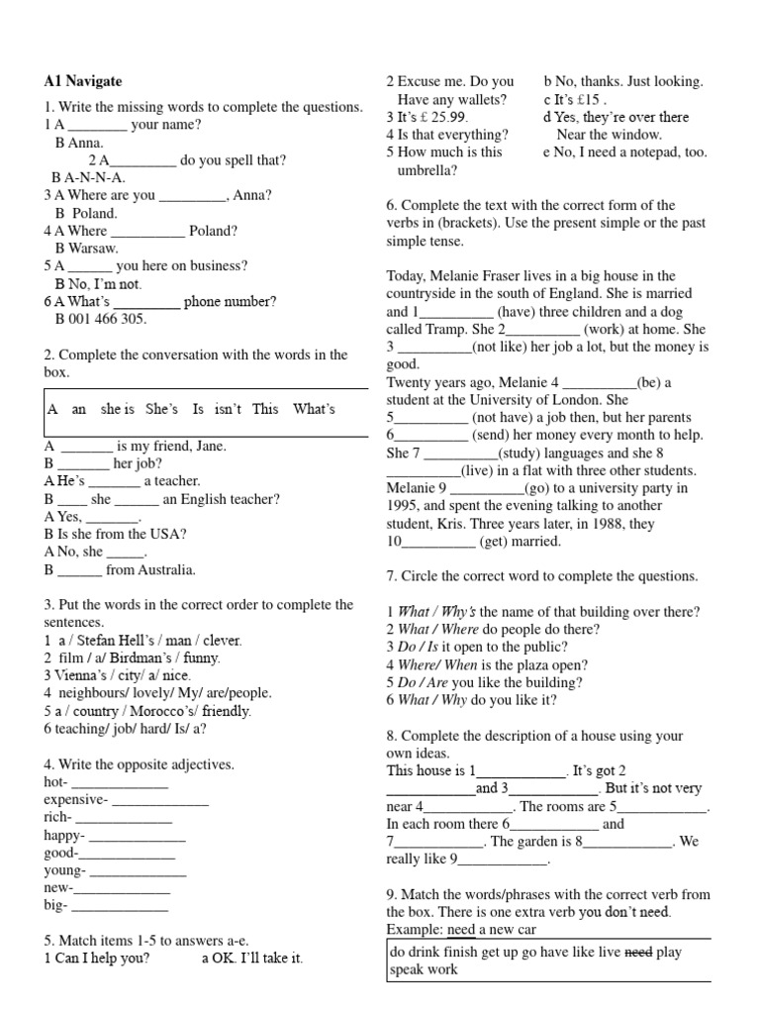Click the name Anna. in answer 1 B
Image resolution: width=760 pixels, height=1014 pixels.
coord(73,143)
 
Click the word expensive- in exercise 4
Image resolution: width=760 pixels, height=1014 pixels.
coord(76,800)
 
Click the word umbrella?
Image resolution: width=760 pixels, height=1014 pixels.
coord(427,169)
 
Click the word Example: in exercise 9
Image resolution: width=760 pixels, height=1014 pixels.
coord(415,930)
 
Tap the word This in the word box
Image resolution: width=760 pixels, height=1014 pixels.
coord(265,409)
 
